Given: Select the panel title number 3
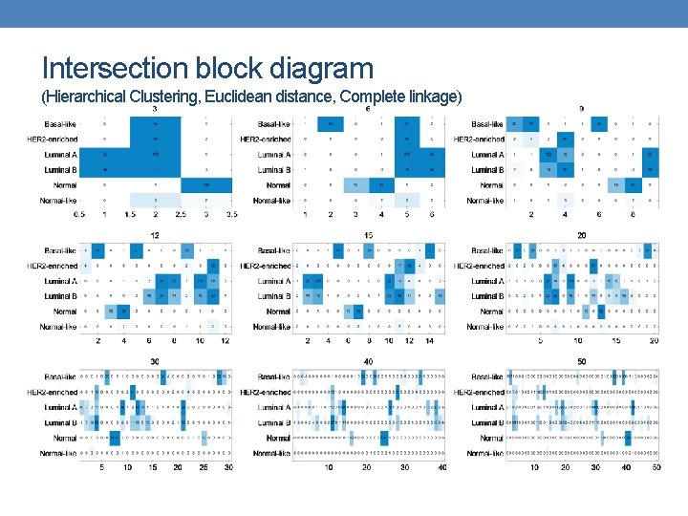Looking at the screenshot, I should point(155,109).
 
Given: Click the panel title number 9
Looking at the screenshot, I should point(582,109).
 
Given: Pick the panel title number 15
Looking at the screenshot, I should point(368,235).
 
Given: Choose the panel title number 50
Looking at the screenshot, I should point(582,362).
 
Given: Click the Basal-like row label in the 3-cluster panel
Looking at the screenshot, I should point(58,124).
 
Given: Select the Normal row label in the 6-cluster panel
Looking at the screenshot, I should point(278,185).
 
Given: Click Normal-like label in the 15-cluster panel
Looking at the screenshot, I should point(272,327).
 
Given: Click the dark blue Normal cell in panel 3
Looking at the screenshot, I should point(206,185).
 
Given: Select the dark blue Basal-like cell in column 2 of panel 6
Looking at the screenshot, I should point(330,124).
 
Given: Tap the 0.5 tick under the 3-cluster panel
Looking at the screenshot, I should point(78,215).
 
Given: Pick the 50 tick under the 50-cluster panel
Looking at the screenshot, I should point(656,467).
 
